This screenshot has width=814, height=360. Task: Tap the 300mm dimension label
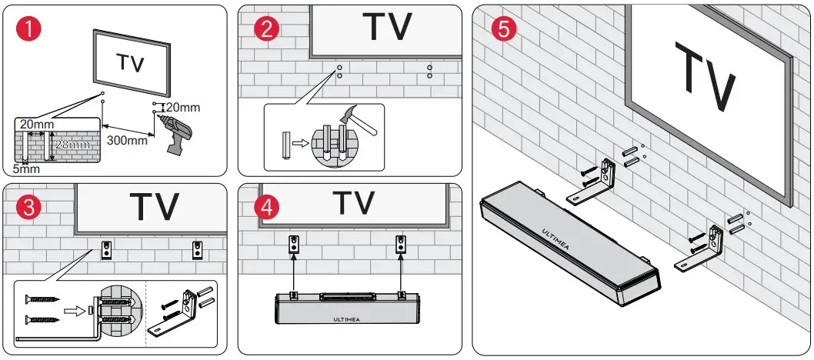[127, 140]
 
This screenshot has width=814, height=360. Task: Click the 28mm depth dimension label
[72, 144]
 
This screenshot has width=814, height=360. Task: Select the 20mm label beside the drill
[184, 108]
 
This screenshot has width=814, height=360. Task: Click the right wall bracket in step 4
[399, 245]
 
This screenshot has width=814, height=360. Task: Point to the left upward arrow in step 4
[293, 273]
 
